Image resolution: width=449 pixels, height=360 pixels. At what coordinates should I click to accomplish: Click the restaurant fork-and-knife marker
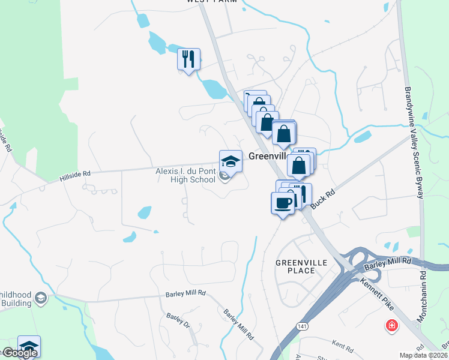tap(188, 59)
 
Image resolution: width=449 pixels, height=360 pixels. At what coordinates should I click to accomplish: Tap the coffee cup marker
tap(283, 203)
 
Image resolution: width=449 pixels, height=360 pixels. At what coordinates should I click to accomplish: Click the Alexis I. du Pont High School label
tap(185, 175)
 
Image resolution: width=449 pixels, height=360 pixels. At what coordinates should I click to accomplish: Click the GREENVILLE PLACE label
tap(295, 266)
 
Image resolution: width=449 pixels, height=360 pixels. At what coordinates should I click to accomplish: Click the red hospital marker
tap(391, 326)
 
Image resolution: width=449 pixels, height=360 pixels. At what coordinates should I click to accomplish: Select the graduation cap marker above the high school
tap(231, 161)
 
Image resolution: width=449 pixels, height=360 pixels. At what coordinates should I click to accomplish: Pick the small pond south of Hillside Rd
tap(144, 212)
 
